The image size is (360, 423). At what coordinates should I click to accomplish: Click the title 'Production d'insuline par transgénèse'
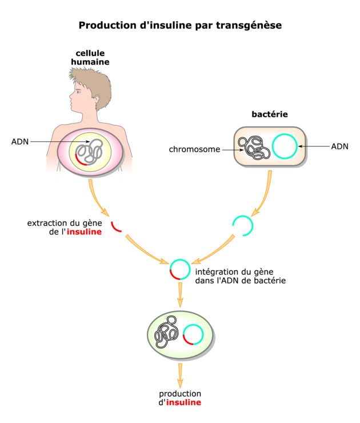coord(180,26)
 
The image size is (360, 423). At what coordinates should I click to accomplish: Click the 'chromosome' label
coord(194,150)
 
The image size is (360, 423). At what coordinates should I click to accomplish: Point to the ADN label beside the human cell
coord(21,141)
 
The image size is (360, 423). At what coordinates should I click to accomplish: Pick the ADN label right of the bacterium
coord(339,146)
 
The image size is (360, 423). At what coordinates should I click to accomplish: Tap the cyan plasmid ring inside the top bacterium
coord(284,146)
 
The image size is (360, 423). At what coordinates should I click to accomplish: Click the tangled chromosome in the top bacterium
coord(254,148)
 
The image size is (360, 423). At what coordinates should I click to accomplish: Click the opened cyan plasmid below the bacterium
coord(243,225)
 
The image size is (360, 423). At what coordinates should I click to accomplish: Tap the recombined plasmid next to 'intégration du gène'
coord(180,269)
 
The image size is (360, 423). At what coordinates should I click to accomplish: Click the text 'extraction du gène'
coord(65,222)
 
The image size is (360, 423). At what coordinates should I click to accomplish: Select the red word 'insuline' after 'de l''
coord(85,232)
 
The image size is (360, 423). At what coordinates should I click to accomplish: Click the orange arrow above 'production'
coord(181,374)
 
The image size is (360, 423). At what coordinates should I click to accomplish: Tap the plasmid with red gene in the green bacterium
coord(193,334)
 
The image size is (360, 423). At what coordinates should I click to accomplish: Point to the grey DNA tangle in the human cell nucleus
coord(91,151)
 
